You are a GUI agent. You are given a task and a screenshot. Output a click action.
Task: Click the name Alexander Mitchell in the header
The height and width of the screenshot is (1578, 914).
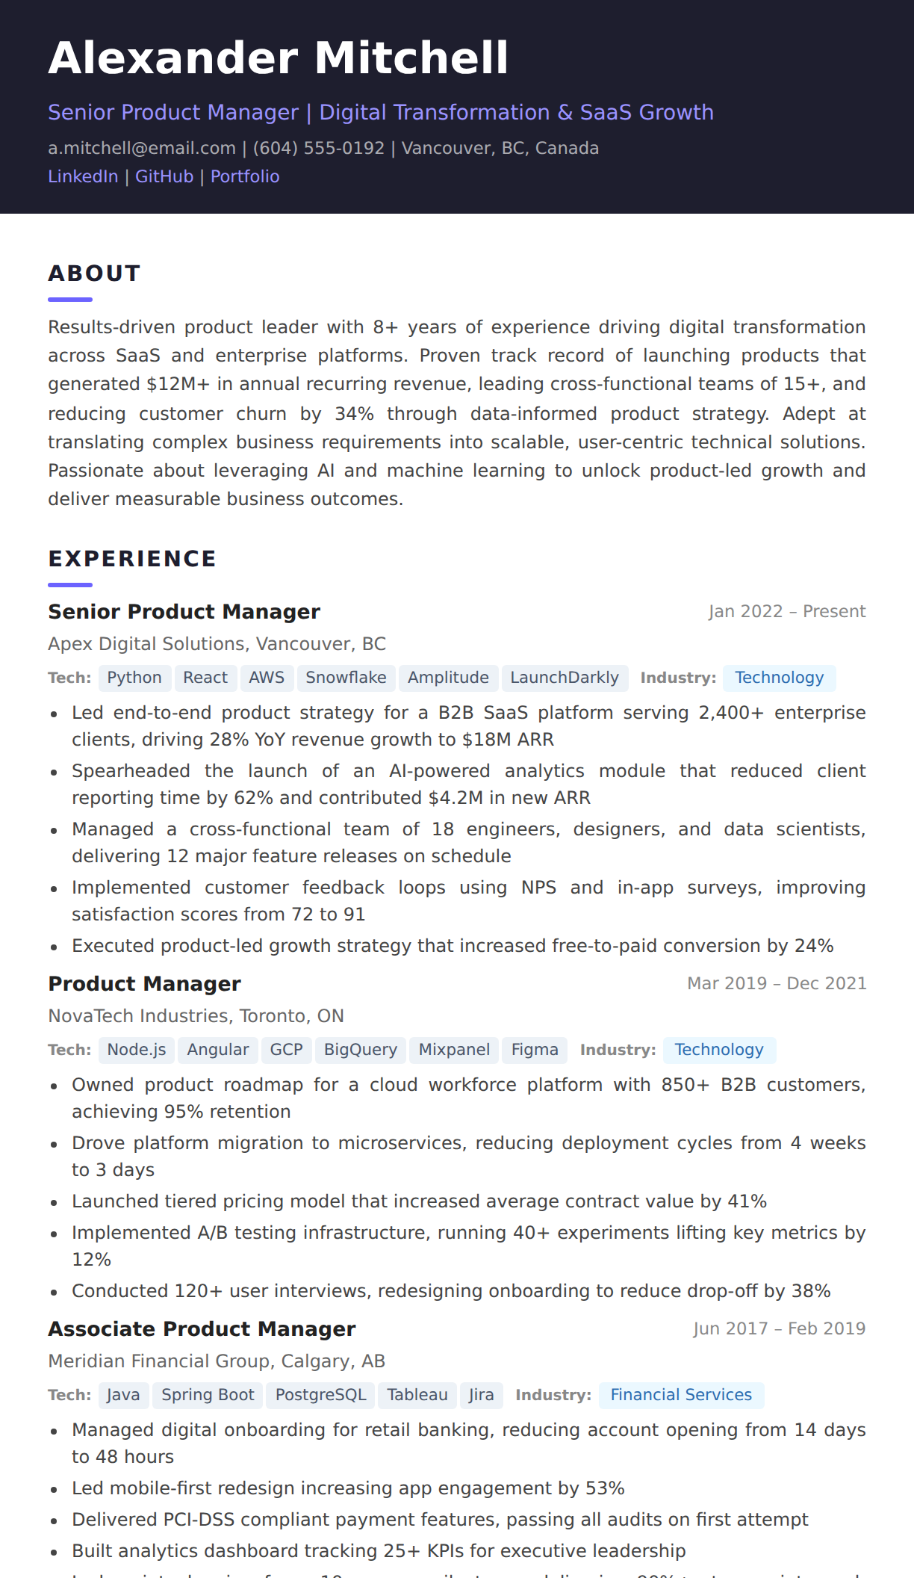(278, 58)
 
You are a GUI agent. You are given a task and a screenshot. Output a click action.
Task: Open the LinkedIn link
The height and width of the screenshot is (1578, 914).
(83, 176)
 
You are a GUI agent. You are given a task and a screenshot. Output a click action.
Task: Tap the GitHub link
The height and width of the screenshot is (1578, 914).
(164, 176)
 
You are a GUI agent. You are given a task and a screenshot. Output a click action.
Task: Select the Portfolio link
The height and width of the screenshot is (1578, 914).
(245, 176)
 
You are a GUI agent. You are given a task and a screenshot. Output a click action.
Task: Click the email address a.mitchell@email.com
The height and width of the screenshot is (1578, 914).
(142, 148)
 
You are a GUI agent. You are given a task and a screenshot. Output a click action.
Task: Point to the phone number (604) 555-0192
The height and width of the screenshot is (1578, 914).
(319, 148)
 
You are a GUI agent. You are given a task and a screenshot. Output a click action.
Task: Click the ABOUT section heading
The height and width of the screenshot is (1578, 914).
(94, 273)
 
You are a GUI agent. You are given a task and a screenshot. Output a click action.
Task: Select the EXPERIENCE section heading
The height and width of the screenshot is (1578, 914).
(132, 559)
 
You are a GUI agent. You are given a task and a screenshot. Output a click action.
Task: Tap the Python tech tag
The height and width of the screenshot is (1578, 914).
(134, 678)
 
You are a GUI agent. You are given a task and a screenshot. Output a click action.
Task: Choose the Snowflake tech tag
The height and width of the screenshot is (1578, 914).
(346, 678)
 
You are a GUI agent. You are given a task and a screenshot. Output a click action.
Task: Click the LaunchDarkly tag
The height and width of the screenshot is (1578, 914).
(565, 678)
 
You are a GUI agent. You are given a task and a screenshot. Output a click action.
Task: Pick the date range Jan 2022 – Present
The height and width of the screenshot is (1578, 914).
(787, 611)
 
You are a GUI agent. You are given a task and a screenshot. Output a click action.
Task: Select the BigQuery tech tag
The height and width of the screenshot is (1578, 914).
(361, 1050)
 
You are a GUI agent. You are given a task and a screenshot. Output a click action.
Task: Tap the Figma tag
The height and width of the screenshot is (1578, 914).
(535, 1050)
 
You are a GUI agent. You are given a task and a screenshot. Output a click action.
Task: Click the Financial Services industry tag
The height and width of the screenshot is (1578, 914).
(681, 1395)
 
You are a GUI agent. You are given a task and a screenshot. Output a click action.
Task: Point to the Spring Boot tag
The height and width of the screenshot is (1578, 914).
(208, 1395)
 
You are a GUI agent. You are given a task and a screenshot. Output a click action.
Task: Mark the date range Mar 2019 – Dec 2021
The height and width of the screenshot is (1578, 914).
(777, 983)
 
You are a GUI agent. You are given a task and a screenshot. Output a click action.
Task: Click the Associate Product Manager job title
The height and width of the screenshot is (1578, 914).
(202, 1329)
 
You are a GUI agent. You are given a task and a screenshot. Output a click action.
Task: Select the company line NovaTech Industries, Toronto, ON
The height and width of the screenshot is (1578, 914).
(196, 1016)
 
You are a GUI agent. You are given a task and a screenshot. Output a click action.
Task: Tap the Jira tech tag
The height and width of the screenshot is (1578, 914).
(481, 1395)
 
